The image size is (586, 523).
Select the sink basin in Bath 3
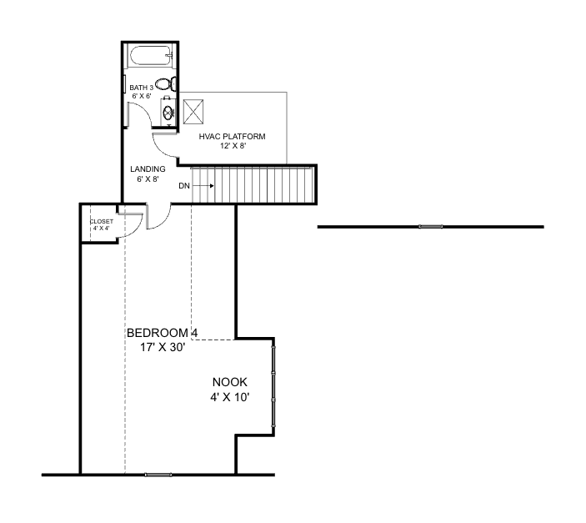(x=168, y=113)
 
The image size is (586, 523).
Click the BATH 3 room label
(x=141, y=88)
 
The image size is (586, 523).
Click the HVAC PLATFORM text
(x=232, y=136)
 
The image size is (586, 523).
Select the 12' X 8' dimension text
(x=232, y=145)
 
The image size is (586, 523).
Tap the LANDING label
(x=148, y=168)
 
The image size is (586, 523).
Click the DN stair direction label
(x=184, y=185)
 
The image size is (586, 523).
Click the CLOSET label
(x=101, y=221)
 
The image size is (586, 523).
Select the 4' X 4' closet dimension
(x=101, y=228)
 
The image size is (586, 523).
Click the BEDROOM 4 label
(x=162, y=333)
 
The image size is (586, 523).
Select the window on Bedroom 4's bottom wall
(x=158, y=475)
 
